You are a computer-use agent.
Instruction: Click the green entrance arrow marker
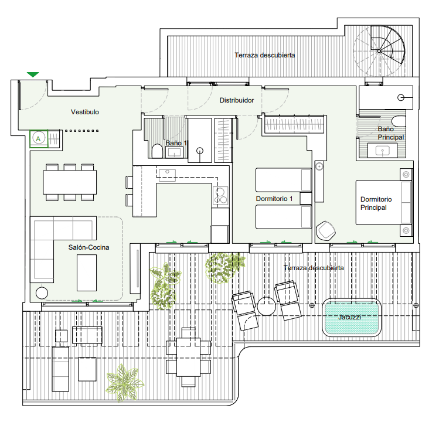click(33, 74)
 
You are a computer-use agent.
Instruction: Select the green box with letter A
click(39, 139)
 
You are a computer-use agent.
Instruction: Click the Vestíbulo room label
click(85, 112)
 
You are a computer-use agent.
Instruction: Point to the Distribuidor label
click(236, 100)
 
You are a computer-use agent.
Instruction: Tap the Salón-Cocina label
click(89, 247)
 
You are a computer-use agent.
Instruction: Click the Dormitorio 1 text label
click(274, 199)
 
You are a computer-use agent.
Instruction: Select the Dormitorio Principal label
click(376, 203)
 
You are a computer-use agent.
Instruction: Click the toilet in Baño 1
click(156, 152)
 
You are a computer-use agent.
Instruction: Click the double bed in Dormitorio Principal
click(384, 202)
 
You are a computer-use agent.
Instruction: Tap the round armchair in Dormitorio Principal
click(325, 230)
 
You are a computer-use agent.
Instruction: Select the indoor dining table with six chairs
click(70, 182)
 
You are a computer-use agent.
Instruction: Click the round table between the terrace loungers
click(267, 306)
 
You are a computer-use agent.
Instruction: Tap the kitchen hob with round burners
click(222, 196)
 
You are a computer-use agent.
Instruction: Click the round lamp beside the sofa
click(42, 293)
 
